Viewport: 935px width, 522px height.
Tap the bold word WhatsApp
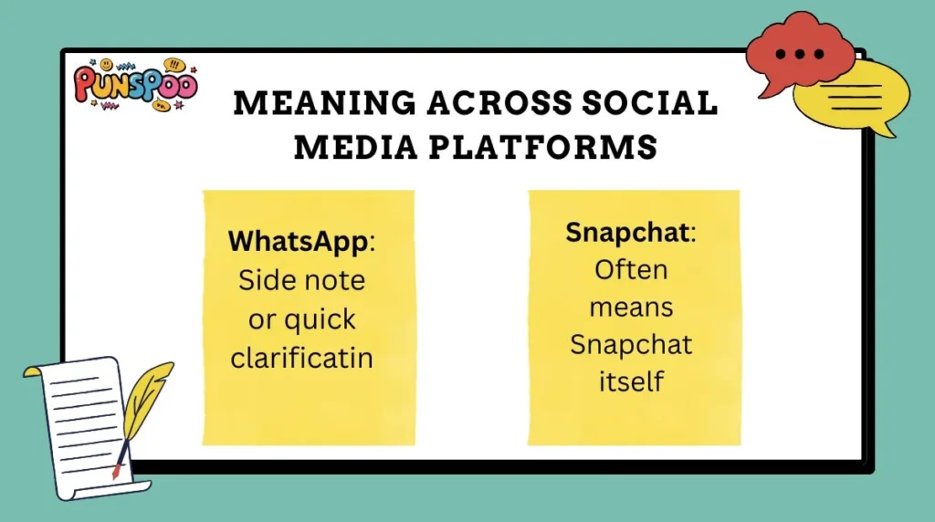pyautogui.click(x=297, y=242)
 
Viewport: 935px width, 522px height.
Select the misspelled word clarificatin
pyautogui.click(x=302, y=358)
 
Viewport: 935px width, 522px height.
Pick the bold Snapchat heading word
pyautogui.click(x=627, y=232)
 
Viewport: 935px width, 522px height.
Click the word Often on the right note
pyautogui.click(x=631, y=270)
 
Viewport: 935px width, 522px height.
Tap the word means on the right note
pyautogui.click(x=631, y=308)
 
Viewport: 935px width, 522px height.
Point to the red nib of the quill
pyautogui.click(x=116, y=473)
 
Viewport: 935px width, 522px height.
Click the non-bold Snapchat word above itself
pyautogui.click(x=631, y=345)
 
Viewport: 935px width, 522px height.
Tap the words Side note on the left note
pyautogui.click(x=301, y=280)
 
